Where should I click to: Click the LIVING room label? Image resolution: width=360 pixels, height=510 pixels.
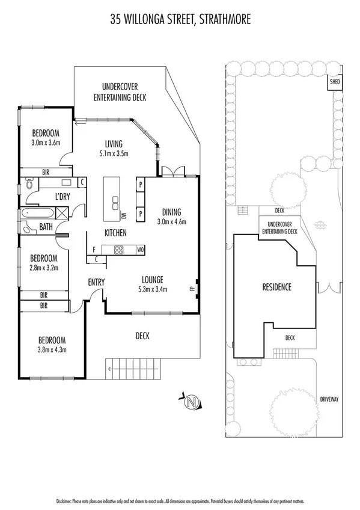click(x=114, y=144)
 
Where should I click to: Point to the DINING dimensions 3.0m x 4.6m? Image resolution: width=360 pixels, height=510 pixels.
click(x=172, y=221)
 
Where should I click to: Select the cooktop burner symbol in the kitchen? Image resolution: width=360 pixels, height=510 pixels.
click(x=119, y=250)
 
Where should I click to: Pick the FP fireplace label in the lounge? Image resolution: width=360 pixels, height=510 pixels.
click(x=192, y=287)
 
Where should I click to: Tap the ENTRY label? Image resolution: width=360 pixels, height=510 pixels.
click(x=97, y=282)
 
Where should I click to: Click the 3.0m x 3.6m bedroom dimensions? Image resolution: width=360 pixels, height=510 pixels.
click(x=46, y=143)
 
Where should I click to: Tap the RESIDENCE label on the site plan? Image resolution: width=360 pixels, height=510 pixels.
click(x=276, y=287)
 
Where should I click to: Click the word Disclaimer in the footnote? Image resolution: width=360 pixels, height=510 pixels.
click(x=65, y=500)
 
